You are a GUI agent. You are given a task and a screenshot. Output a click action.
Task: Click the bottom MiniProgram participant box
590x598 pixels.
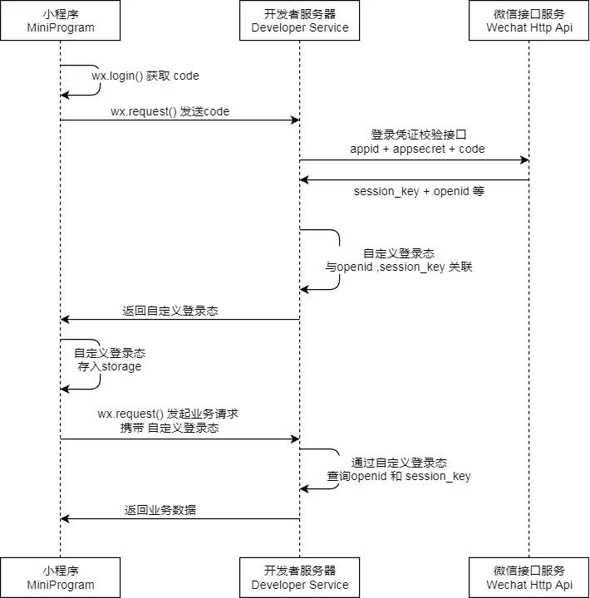point(60,577)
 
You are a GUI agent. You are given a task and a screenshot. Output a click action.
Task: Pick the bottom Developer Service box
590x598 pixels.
point(300,577)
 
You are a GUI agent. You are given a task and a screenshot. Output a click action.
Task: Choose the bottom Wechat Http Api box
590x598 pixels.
point(529,577)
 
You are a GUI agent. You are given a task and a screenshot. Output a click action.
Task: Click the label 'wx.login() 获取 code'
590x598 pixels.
point(145,76)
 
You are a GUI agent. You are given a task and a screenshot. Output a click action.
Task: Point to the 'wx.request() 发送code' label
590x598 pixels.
point(170,111)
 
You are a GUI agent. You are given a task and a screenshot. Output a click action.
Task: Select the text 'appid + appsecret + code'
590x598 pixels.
point(417,149)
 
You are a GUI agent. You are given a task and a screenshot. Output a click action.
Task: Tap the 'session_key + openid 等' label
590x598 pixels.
point(419,191)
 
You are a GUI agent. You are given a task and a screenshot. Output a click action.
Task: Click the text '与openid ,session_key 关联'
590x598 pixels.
point(399,267)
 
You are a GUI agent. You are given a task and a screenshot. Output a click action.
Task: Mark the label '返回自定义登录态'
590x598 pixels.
point(170,311)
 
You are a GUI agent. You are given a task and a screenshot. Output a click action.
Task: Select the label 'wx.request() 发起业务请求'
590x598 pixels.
point(169,414)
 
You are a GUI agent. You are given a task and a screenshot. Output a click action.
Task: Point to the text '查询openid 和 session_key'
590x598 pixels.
point(399,476)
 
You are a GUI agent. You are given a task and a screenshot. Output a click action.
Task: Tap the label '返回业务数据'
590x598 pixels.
point(160,510)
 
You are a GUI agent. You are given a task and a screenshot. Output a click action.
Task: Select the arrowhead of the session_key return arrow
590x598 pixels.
point(305,179)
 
